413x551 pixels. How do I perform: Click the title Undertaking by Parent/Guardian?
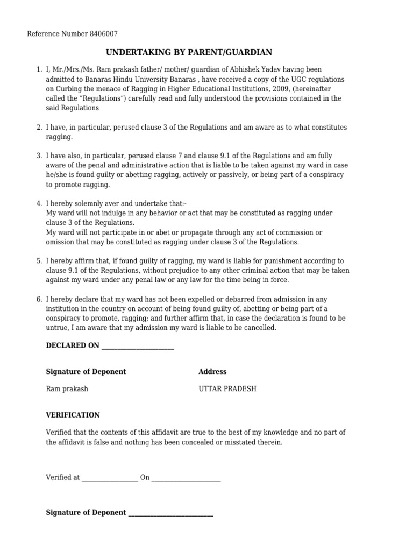(x=189, y=52)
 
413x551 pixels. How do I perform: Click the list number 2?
(x=39, y=128)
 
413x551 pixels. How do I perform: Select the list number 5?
(x=39, y=261)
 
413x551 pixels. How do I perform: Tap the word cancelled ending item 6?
(x=260, y=328)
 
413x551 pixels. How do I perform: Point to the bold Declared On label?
(x=73, y=346)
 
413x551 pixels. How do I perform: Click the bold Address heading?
(x=212, y=372)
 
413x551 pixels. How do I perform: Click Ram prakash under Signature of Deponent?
(x=67, y=389)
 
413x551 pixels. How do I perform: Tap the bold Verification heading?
(x=73, y=415)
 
